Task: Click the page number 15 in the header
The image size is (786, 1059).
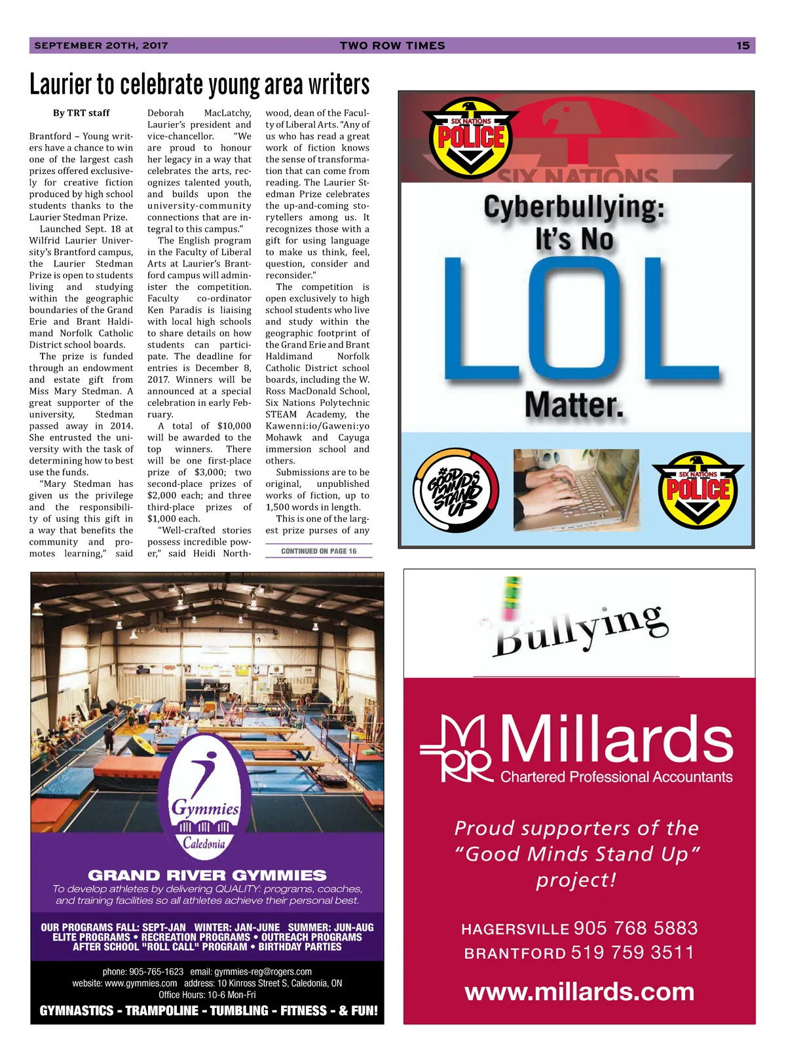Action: pos(742,45)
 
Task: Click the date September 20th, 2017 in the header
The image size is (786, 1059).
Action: pos(101,45)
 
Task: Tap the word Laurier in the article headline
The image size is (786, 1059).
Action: pos(61,84)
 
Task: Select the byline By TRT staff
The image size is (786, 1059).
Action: pos(81,113)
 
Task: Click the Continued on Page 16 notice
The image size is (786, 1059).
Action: pos(318,551)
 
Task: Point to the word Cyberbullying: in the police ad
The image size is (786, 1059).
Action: pos(574,208)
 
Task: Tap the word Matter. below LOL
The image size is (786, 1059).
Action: pos(574,404)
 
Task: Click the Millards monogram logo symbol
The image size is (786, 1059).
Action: pos(457,749)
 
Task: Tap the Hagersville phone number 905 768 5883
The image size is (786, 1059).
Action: pos(635,928)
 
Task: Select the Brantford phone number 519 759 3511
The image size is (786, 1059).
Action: pos(633,952)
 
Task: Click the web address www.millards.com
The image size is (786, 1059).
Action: pos(580,992)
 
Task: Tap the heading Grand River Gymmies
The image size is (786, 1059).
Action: pos(207,875)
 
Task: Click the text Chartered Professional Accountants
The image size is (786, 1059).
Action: pos(616,777)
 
